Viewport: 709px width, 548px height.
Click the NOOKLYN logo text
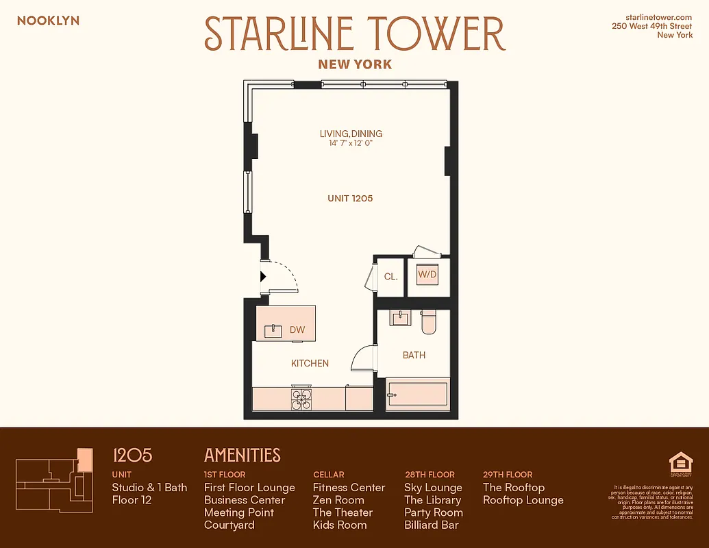tap(48, 21)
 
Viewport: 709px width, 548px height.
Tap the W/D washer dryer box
tap(427, 275)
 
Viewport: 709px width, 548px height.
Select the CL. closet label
tap(391, 277)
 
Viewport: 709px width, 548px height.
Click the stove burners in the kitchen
tap(301, 399)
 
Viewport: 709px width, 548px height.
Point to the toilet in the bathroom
tap(429, 322)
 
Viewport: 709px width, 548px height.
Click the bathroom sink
tap(399, 318)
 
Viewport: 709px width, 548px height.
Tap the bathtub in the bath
tap(417, 395)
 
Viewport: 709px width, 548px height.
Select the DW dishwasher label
tap(297, 329)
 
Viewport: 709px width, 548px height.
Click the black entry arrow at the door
tap(263, 277)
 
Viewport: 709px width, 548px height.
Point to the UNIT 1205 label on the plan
tap(350, 199)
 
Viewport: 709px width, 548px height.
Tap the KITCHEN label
tap(310, 363)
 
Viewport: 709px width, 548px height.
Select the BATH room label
tap(414, 355)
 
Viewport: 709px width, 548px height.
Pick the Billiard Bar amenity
tap(432, 525)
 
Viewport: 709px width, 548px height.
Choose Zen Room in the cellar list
tap(338, 500)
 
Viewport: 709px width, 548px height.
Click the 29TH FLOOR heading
tap(508, 474)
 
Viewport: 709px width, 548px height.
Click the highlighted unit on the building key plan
tap(84, 460)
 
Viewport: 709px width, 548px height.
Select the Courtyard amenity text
tap(229, 525)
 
